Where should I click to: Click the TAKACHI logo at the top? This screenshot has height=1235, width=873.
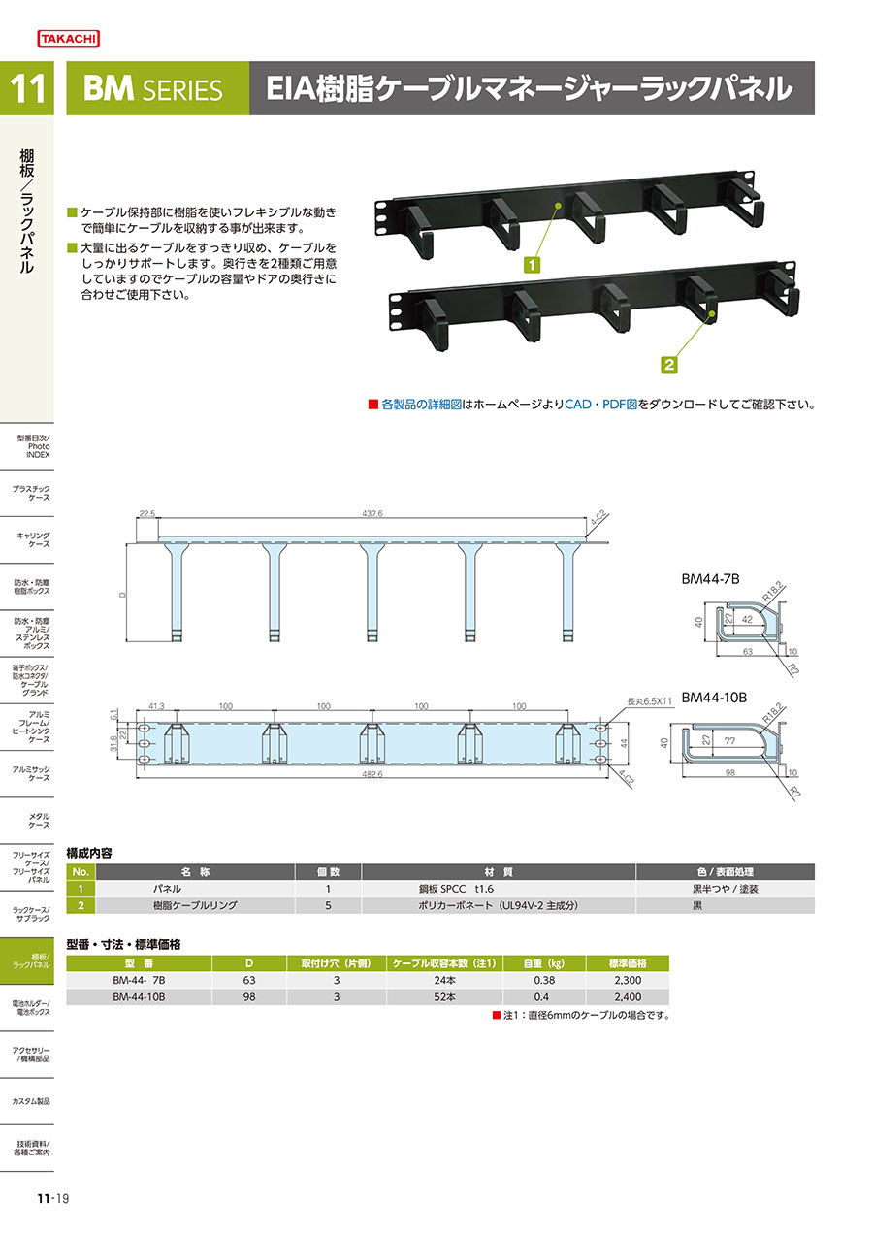pyautogui.click(x=68, y=39)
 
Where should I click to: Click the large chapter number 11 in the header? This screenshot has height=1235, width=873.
pyautogui.click(x=29, y=89)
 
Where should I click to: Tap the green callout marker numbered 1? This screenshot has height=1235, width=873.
pyautogui.click(x=532, y=263)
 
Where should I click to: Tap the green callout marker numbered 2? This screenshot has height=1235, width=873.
pyautogui.click(x=669, y=365)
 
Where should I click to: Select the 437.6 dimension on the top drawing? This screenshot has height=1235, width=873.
pyautogui.click(x=372, y=512)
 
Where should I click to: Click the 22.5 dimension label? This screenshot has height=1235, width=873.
pyautogui.click(x=147, y=512)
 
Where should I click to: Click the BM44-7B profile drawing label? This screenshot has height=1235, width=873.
pyautogui.click(x=710, y=579)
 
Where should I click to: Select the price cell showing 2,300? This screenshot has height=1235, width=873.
pyautogui.click(x=627, y=980)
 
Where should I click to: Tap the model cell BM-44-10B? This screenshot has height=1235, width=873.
pyautogui.click(x=140, y=996)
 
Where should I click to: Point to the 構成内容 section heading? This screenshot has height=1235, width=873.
pyautogui.click(x=88, y=853)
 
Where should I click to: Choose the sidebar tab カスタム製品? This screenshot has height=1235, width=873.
pyautogui.click(x=31, y=1101)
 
